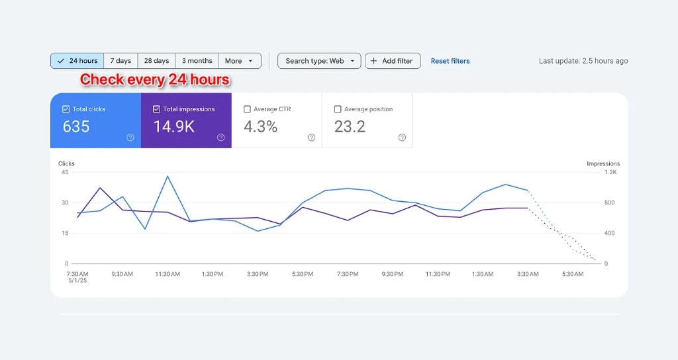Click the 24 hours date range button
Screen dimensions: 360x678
(77, 61)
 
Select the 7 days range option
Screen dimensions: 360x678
(121, 61)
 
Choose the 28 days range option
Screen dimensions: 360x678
(156, 61)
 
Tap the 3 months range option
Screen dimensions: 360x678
(197, 61)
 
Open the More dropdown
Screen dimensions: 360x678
(240, 61)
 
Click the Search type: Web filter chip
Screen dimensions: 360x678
(319, 61)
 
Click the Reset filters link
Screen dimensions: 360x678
(450, 61)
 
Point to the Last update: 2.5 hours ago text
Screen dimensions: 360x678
(583, 61)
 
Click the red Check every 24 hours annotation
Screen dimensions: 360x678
(155, 80)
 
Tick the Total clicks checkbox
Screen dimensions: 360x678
(66, 109)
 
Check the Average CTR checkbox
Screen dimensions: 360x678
(247, 109)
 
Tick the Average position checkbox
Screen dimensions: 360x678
(338, 109)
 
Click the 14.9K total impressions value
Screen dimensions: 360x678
(174, 126)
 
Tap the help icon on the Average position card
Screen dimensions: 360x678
(402, 138)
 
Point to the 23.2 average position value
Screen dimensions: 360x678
(350, 126)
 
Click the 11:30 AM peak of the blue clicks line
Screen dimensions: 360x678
(168, 176)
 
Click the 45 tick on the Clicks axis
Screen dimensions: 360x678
(64, 172)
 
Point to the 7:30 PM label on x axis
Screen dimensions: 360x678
(348, 274)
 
